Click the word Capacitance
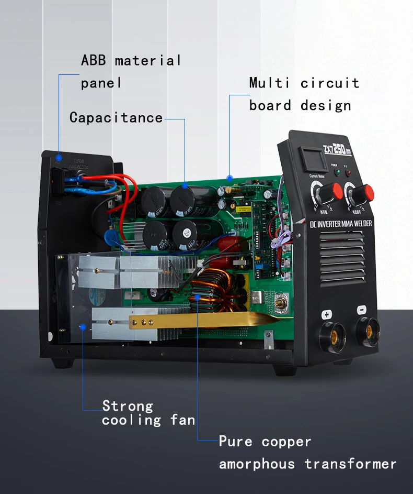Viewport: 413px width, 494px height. click(116, 117)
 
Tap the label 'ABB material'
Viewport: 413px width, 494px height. click(131, 60)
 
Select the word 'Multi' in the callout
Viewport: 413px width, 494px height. click(268, 83)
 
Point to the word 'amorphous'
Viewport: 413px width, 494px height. click(257, 464)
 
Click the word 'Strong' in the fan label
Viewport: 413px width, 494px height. click(128, 406)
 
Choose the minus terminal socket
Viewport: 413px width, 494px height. click(368, 330)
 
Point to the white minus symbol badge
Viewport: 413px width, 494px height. click(361, 310)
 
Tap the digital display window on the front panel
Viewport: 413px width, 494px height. click(311, 158)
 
